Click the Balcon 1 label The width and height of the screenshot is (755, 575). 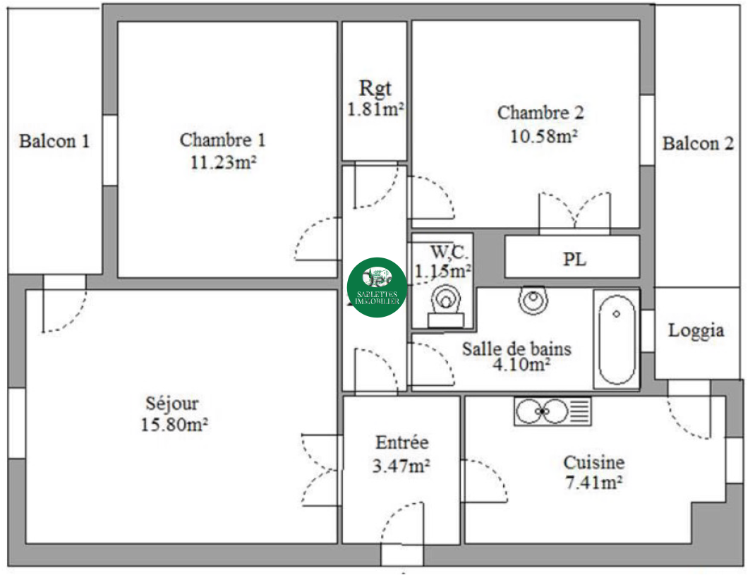[54, 141]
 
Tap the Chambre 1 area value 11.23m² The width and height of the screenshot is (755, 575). [223, 162]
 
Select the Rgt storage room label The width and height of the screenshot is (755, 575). [375, 89]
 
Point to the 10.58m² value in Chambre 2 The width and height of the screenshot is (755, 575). [543, 136]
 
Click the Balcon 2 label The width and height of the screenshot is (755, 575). [698, 143]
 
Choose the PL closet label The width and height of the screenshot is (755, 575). [574, 260]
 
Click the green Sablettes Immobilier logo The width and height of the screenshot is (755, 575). [377, 288]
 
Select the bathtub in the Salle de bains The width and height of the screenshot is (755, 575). [616, 339]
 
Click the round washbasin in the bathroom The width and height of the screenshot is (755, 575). [533, 300]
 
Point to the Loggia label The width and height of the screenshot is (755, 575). [696, 331]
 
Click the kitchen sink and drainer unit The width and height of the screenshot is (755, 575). [552, 411]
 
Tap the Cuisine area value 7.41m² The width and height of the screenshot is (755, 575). [593, 482]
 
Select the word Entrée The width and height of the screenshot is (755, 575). [402, 442]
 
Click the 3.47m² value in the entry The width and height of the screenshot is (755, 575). [401, 466]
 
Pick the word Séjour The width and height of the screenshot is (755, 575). [172, 404]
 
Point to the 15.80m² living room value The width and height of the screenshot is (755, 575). [174, 425]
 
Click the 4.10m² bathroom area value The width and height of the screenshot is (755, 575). [521, 365]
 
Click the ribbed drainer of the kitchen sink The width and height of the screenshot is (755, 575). [580, 411]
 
